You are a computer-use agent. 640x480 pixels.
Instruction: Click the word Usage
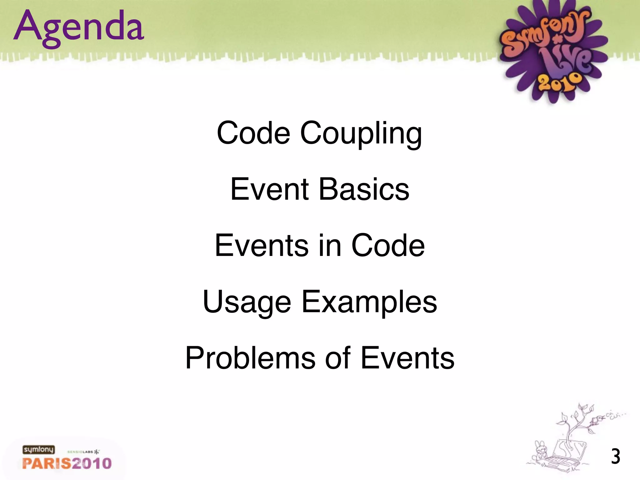(247, 302)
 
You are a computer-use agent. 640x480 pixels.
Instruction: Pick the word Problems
(250, 358)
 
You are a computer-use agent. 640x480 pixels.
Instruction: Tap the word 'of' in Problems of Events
(338, 358)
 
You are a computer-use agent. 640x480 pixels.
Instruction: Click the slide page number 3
(615, 457)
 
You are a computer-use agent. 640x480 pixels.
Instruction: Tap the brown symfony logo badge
(38, 450)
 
